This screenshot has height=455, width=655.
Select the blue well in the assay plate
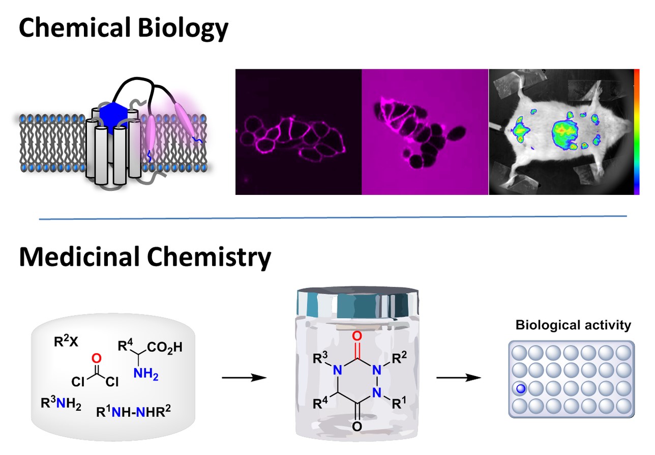click(520, 390)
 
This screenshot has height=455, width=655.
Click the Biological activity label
click(573, 325)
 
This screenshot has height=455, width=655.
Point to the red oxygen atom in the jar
click(356, 336)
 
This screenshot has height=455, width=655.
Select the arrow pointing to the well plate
click(459, 378)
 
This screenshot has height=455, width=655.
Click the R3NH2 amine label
click(61, 405)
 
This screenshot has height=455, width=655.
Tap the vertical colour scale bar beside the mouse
click(636, 131)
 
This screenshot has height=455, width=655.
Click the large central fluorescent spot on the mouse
click(561, 131)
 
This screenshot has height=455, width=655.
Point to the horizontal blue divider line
click(333, 218)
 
